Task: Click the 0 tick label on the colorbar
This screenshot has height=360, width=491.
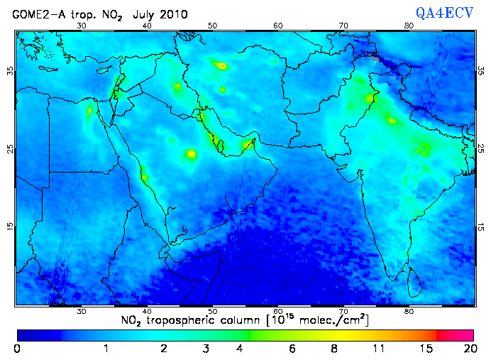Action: pyautogui.click(x=17, y=349)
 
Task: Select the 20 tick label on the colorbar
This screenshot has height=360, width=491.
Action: pyautogui.click(x=468, y=349)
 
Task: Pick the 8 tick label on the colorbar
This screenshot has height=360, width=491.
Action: pyautogui.click(x=333, y=349)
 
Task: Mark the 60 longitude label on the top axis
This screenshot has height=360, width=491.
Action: pyautogui.click(x=278, y=26)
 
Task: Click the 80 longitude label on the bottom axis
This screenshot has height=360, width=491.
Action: pyautogui.click(x=409, y=312)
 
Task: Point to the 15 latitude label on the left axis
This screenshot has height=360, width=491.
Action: pyautogui.click(x=10, y=226)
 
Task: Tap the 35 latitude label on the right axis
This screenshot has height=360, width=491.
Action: pyautogui.click(x=481, y=70)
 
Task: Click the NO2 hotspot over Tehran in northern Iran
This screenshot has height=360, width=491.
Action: pyautogui.click(x=221, y=65)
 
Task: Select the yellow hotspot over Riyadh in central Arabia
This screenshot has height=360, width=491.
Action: pyautogui.click(x=190, y=153)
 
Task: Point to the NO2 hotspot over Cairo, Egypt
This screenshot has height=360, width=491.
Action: pyautogui.click(x=90, y=111)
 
